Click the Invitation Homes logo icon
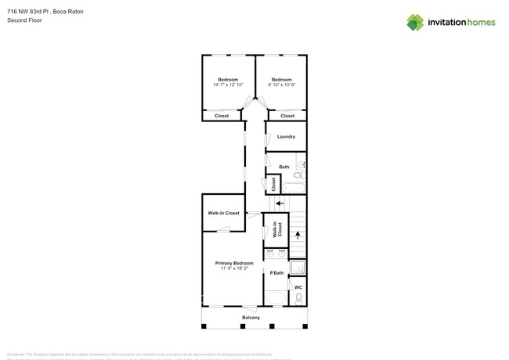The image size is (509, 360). pos(415,22)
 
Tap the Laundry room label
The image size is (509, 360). pos(286,137)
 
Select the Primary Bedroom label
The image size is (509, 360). pos(234,263)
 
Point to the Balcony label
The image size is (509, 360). pos(251,317)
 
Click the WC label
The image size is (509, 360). pos(298,287)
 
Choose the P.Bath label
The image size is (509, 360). pos(276,273)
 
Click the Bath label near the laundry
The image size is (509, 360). pos(283,167)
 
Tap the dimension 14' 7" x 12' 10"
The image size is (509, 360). pos(228,85)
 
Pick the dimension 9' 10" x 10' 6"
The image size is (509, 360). pos(282,85)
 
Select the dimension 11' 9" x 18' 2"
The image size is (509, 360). pos(234,268)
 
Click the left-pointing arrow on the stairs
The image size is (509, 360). pos(280,203)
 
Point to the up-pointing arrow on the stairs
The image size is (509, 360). pos(297,234)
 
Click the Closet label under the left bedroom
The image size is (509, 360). pos(222,116)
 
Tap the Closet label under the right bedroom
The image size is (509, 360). pos(287,116)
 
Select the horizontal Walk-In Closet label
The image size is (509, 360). pos(223,213)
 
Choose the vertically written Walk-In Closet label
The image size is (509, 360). pos(276,229)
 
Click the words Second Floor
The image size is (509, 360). pos(25,20)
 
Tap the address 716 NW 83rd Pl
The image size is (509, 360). pos(27,12)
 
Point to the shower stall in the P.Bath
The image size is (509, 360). pos(298,268)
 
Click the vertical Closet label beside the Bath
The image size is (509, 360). pos(273,184)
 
